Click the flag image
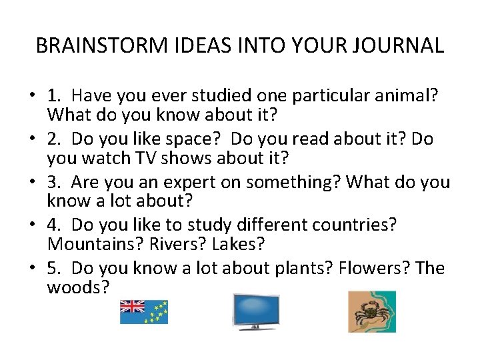(x=143, y=311)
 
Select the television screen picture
(x=255, y=311)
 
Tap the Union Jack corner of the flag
(x=131, y=306)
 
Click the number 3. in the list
(x=55, y=182)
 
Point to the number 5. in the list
(x=55, y=268)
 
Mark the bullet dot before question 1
(x=32, y=96)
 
